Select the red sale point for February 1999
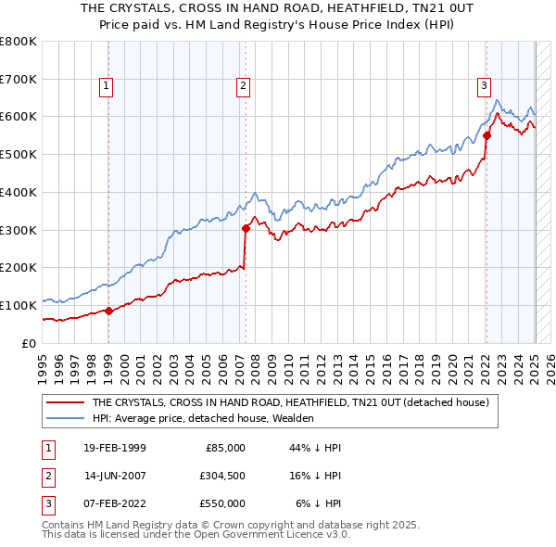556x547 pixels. (109, 311)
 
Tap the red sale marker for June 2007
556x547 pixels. (246, 228)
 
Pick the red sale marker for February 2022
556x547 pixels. (486, 135)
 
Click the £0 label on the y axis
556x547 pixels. (27, 343)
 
